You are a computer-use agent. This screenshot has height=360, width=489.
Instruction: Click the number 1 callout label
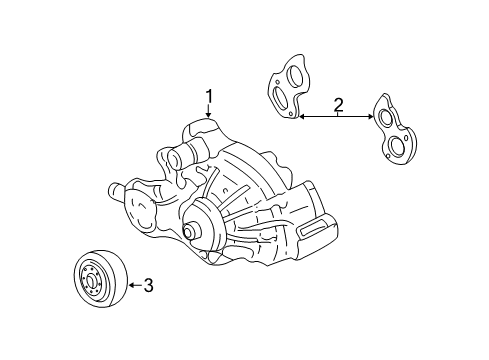pos(210,96)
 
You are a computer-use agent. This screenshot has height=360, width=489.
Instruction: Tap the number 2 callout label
pos(338,104)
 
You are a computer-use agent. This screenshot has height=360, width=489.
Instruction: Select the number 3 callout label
pos(148,286)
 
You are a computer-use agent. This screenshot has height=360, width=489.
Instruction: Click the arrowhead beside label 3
pos(131,286)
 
